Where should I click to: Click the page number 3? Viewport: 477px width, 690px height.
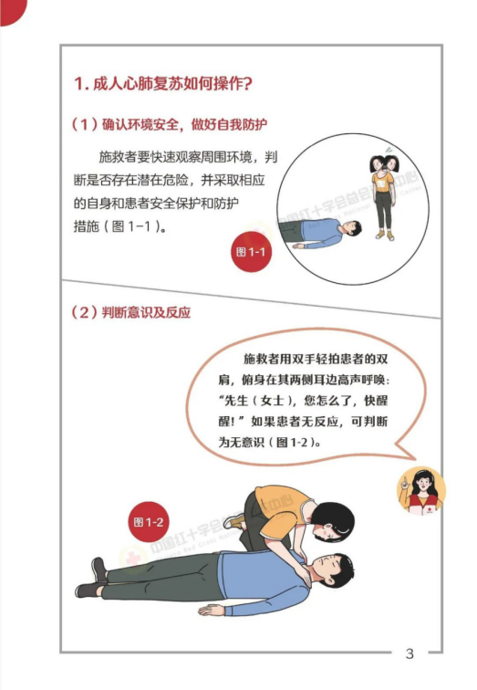[x=410, y=653]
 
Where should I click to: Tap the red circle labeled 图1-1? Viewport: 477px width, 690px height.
[x=251, y=252]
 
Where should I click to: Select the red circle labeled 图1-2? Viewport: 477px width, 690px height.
[x=149, y=522]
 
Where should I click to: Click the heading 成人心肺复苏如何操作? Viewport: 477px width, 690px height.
[x=163, y=83]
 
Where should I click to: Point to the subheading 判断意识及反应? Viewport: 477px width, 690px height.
[x=131, y=312]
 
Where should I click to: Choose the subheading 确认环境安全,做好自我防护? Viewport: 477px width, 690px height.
[x=170, y=124]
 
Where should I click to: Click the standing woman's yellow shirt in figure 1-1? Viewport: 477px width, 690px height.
[x=382, y=182]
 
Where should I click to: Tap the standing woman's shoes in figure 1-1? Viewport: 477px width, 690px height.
[x=384, y=235]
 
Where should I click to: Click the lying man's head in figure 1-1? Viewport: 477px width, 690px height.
[x=352, y=228]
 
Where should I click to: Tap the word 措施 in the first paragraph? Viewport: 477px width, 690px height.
[x=86, y=226]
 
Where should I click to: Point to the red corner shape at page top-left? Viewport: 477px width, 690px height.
[x=11, y=11]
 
